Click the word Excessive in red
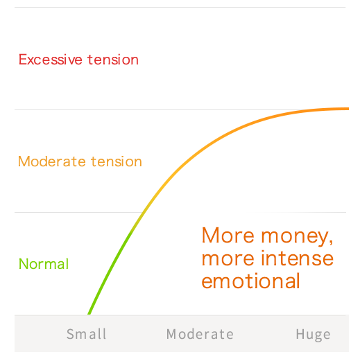pos(51,60)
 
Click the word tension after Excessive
pos(113,60)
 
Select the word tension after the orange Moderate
pos(117,161)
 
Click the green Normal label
pos(44,263)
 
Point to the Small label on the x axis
pos(87,334)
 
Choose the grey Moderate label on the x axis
pos(200,334)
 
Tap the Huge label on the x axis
pos(313,335)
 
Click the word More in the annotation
pos(228,235)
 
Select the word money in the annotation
pos(295,237)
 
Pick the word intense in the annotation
pos(298,258)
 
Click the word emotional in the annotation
pos(250,281)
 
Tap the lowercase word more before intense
pos(228,260)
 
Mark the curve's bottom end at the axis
pos(89,314)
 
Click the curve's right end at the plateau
pos(348,109)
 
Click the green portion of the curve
pos(111,269)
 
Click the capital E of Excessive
pos(23,60)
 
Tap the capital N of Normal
pos(23,264)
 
